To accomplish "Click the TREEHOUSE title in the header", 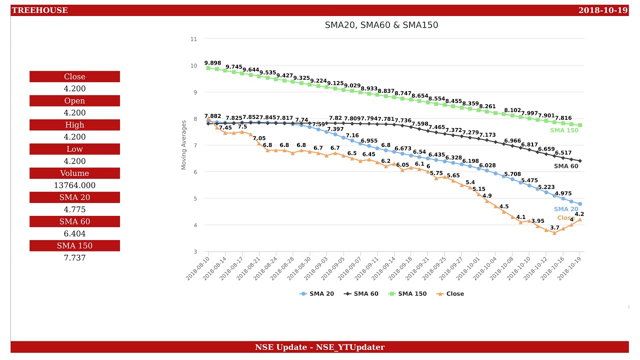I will click(40, 10).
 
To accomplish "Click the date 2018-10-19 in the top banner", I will click(602, 10).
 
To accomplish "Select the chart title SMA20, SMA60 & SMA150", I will click(381, 25).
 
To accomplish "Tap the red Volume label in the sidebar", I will click(74, 173).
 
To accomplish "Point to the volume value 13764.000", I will click(74, 185).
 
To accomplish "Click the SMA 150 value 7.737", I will click(74, 258).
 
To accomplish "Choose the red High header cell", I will click(74, 125).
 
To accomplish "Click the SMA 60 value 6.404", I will click(74, 233).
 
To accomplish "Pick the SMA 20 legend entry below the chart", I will click(317, 294).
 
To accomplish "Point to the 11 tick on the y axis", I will click(193, 39).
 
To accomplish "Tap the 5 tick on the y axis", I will click(194, 198).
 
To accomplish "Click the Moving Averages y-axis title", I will click(183, 145).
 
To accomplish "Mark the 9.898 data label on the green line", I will click(212, 63).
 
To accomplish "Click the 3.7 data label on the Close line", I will click(554, 228).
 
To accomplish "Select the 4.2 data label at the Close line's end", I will click(579, 214).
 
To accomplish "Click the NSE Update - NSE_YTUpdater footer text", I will click(319, 347).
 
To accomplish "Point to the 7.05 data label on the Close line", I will click(259, 138).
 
